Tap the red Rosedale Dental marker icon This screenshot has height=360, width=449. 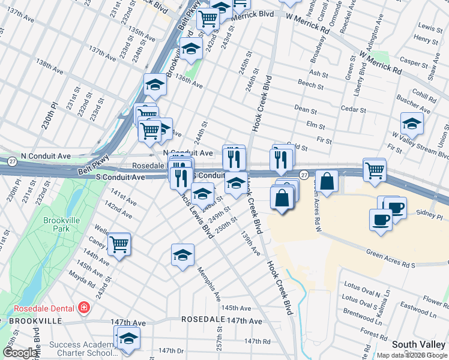coord(85,308)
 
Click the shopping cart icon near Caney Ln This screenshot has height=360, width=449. coord(120,244)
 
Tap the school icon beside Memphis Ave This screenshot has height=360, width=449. coord(182,255)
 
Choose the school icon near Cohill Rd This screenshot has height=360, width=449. coord(412,124)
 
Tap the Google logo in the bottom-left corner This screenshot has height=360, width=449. coord(20,353)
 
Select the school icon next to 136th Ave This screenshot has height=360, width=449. coord(155,85)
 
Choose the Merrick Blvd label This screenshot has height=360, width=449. coord(253,14)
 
